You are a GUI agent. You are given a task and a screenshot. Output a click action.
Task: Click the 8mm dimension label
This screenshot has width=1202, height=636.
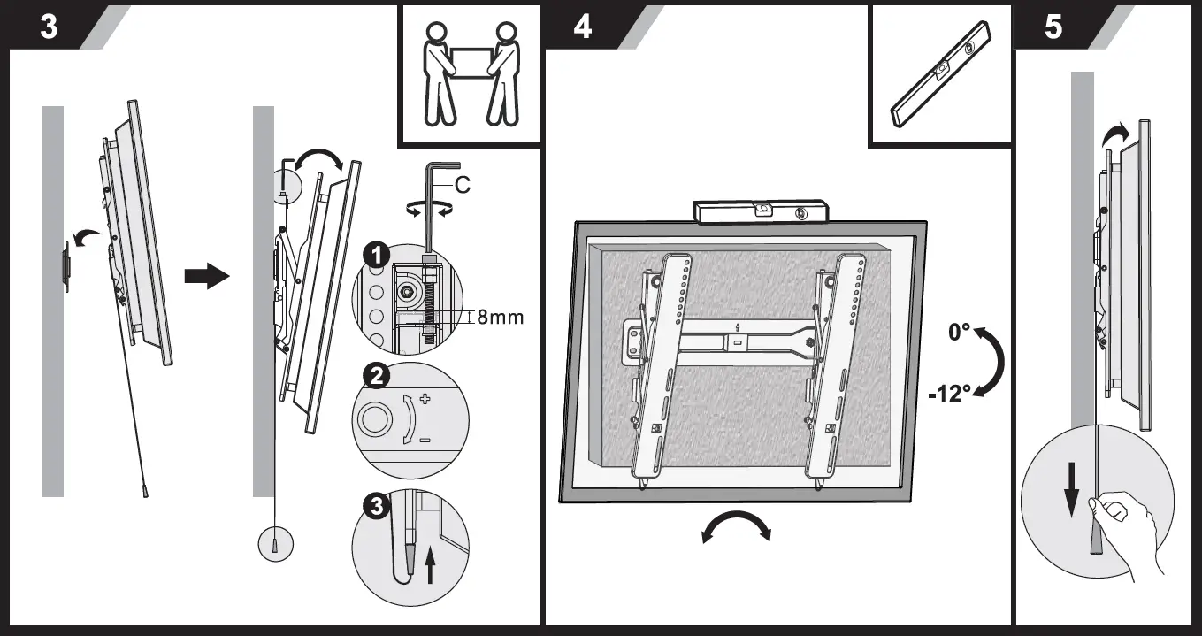click(x=500, y=317)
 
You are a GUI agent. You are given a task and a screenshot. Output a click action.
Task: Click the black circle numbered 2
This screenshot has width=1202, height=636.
click(x=377, y=376)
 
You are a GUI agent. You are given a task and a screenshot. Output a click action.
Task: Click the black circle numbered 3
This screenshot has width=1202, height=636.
click(x=377, y=506)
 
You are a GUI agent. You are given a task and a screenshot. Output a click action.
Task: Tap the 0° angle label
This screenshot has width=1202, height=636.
click(x=960, y=332)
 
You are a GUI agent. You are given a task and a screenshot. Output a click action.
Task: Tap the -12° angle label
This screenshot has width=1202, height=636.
click(x=950, y=394)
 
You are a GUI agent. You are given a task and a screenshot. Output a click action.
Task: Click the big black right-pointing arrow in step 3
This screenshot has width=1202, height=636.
click(x=206, y=276)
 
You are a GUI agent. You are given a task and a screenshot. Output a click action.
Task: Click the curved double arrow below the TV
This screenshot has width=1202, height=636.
click(x=736, y=527)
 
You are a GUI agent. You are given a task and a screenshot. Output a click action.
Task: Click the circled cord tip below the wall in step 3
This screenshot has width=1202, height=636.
click(x=275, y=544)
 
